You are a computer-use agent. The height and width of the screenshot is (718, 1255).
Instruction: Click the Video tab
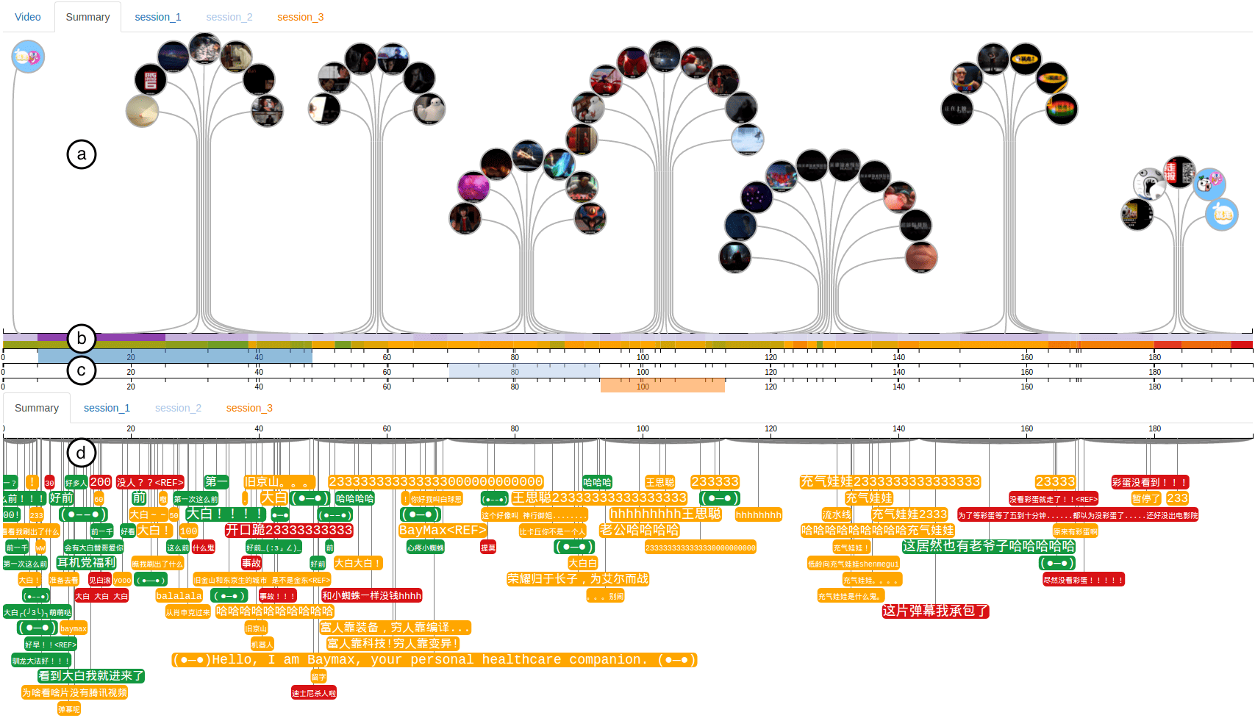28,17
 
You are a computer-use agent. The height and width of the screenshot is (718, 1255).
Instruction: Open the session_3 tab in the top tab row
300,17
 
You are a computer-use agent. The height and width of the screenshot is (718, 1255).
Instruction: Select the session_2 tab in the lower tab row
178,408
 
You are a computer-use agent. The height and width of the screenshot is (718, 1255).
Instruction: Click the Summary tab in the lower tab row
37,408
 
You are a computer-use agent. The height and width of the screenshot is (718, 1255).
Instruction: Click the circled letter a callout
82,154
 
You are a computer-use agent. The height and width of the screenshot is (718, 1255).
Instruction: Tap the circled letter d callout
81,453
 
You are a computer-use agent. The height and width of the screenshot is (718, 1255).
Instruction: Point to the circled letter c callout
81,370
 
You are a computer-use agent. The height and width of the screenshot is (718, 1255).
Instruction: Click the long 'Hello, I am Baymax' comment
434,660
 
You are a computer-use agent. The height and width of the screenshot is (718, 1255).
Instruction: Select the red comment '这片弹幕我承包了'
935,611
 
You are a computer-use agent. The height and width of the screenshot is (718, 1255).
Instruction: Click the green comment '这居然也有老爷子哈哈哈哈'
989,546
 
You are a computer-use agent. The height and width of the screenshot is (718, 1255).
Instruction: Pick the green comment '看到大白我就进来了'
91,676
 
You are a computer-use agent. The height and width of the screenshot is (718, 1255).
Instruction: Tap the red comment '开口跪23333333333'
289,530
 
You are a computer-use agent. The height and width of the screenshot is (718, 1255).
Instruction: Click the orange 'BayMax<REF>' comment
443,530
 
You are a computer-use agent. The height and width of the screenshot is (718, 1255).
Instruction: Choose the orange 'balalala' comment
179,595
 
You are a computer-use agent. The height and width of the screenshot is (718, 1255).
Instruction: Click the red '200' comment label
100,482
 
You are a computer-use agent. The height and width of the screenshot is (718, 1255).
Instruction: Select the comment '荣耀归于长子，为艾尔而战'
578,578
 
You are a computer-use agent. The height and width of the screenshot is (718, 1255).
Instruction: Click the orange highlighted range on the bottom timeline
662,385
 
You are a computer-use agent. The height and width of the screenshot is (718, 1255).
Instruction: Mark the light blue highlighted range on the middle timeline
524,370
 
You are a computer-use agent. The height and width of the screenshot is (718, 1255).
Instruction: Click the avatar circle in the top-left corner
28,57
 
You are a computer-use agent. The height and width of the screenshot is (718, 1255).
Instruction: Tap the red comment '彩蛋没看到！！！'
1150,482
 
